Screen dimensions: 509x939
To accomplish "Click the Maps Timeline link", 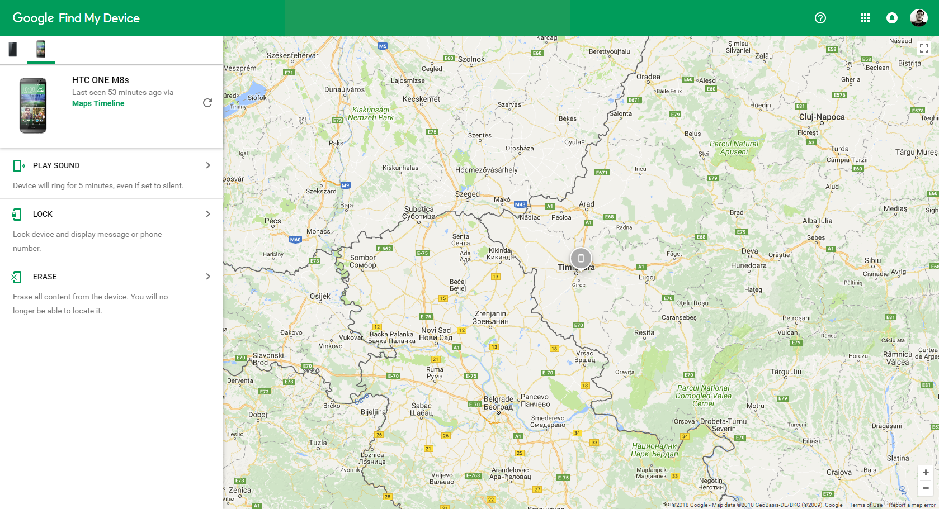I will click(98, 103).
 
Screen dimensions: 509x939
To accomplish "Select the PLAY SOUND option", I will click(111, 165).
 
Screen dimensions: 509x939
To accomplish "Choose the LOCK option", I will click(111, 214).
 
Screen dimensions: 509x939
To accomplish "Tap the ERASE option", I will click(111, 277).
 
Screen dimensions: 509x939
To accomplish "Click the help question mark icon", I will click(820, 18).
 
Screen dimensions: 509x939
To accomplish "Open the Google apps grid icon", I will click(865, 18).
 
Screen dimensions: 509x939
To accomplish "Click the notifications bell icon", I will click(891, 18).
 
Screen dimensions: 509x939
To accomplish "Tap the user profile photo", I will click(918, 18).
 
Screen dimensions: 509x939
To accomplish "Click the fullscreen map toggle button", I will click(924, 49).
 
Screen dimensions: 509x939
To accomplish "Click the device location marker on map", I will click(581, 258).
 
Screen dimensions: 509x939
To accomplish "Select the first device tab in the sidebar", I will click(13, 50).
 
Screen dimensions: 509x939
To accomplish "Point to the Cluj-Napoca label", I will click(822, 117).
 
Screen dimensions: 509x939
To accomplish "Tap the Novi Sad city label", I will click(436, 330).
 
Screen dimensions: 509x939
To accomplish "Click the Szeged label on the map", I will click(467, 194).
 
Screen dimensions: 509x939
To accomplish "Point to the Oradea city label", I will click(648, 77).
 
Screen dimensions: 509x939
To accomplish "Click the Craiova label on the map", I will click(839, 472).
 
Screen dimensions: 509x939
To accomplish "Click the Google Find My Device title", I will click(76, 18).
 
